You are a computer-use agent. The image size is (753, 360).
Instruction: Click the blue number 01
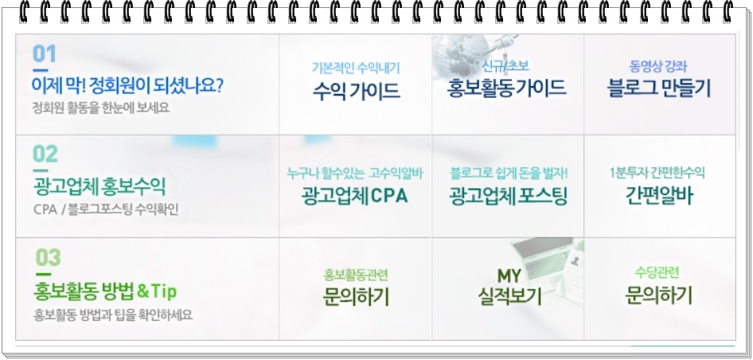click(45, 54)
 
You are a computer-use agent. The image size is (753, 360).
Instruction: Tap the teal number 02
click(45, 154)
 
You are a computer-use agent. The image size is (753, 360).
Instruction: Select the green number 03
click(48, 258)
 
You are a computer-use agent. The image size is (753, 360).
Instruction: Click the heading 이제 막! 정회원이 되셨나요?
click(127, 86)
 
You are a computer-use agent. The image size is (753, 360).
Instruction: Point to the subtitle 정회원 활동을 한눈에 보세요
click(100, 108)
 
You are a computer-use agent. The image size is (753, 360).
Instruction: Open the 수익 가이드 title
click(357, 90)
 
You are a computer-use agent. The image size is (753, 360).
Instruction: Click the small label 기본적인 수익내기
click(356, 68)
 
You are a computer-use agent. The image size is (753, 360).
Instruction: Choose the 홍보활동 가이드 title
click(506, 88)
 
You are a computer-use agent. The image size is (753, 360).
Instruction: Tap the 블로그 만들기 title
click(659, 88)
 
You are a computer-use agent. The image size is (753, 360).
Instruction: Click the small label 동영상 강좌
click(658, 66)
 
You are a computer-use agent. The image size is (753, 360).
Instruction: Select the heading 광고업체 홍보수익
click(99, 187)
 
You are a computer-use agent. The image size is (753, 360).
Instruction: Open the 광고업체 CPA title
click(355, 196)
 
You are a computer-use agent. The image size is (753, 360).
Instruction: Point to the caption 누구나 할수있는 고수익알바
click(355, 173)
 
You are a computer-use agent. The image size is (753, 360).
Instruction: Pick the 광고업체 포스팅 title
click(508, 196)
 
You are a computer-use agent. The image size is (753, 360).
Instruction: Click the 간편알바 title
click(659, 195)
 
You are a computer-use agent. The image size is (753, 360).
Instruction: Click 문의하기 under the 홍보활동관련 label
click(355, 297)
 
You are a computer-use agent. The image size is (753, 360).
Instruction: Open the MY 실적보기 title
click(509, 287)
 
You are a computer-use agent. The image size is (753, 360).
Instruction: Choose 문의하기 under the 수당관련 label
click(658, 295)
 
